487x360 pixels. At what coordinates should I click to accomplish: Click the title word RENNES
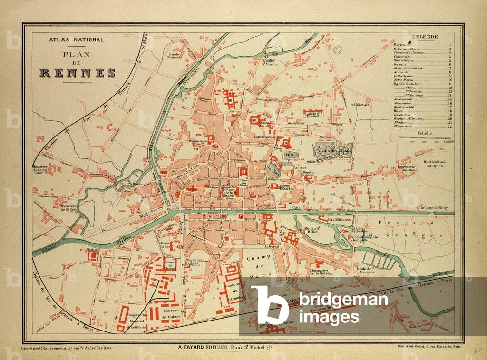tap(77, 73)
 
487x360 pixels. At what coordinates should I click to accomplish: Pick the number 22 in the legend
tap(449, 127)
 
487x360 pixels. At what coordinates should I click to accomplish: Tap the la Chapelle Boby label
tap(434, 208)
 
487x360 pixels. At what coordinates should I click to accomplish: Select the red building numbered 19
tap(231, 100)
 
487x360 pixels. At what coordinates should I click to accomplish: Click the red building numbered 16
tap(255, 121)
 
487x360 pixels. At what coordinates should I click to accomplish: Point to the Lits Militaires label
tap(339, 221)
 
